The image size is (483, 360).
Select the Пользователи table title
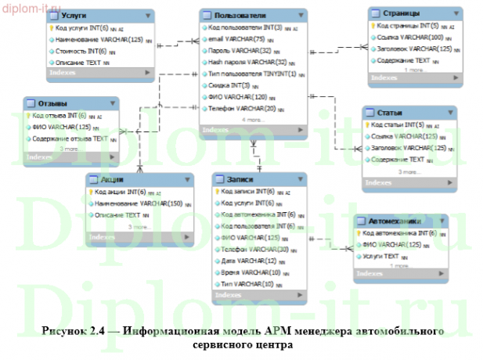click(x=240, y=15)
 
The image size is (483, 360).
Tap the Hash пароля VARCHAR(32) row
click(x=243, y=61)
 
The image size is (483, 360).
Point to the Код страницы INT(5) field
click(x=404, y=25)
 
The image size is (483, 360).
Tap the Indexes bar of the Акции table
click(x=138, y=236)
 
